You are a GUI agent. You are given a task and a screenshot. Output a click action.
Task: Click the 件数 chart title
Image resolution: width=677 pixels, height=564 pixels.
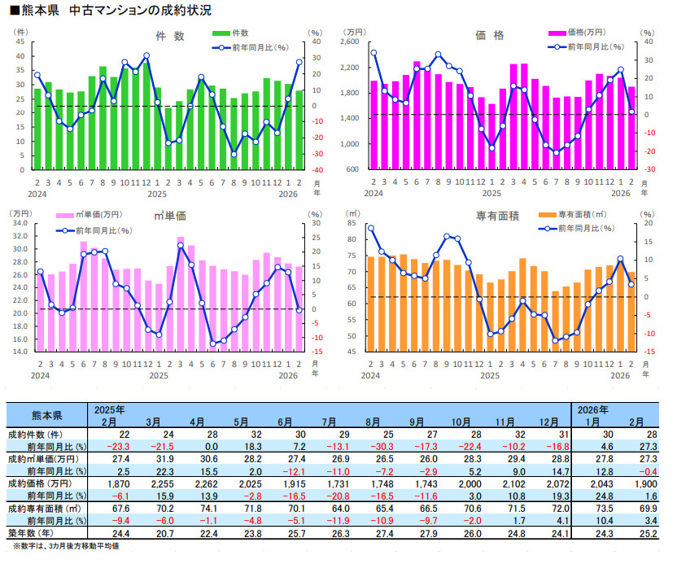coord(170,36)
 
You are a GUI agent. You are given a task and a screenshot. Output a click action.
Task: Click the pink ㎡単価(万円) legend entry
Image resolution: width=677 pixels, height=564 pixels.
coord(89,214)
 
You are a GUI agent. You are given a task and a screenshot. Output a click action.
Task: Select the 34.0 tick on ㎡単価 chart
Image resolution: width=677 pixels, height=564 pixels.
coord(21,223)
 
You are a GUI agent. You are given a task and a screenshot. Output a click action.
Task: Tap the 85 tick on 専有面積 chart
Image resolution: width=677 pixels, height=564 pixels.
coord(351,223)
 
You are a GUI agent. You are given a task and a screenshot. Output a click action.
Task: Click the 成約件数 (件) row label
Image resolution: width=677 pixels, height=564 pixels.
coord(40,435)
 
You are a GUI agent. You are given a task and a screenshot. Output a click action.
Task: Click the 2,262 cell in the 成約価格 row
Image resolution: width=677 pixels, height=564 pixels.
coord(199,483)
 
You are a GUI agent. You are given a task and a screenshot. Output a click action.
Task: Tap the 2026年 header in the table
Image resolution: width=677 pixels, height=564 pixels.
coord(593,409)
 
